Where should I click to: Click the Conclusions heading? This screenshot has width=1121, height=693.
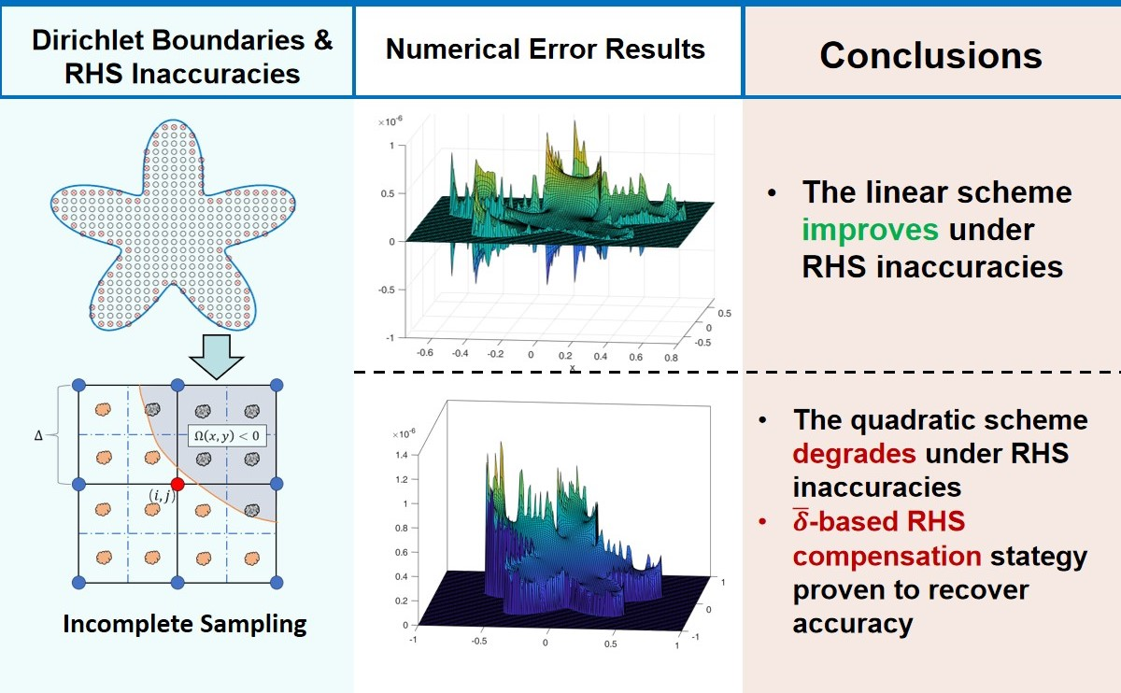930,56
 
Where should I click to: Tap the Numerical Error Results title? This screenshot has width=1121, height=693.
546,49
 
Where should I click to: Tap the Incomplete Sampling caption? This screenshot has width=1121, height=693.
184,624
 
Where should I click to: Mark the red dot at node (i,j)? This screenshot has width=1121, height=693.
178,485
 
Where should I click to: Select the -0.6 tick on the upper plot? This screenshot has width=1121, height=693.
427,354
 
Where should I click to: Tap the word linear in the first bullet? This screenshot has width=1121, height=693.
897,193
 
